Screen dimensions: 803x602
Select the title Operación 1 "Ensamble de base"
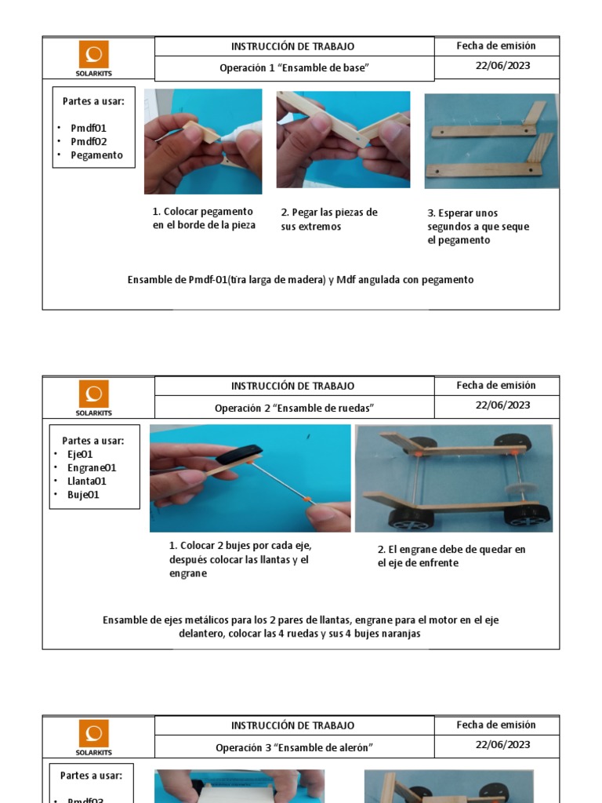point(294,68)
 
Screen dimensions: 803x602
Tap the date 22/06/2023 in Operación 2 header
point(502,405)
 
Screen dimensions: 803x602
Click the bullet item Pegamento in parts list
point(96,155)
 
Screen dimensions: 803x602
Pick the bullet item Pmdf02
point(89,142)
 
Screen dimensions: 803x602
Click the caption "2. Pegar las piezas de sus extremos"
point(329,220)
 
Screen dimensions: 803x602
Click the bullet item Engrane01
point(92,468)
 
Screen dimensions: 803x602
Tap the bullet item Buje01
point(83,495)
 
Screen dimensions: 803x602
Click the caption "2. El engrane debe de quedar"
point(451,556)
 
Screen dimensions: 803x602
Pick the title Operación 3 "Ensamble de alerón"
point(294,747)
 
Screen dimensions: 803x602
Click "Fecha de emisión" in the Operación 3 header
point(496,725)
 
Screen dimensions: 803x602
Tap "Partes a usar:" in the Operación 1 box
point(93,101)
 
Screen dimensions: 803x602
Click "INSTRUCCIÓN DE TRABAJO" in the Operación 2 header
point(292,386)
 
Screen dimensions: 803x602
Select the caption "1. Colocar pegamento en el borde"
point(203,219)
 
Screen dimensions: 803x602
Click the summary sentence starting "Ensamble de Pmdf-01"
point(300,280)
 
